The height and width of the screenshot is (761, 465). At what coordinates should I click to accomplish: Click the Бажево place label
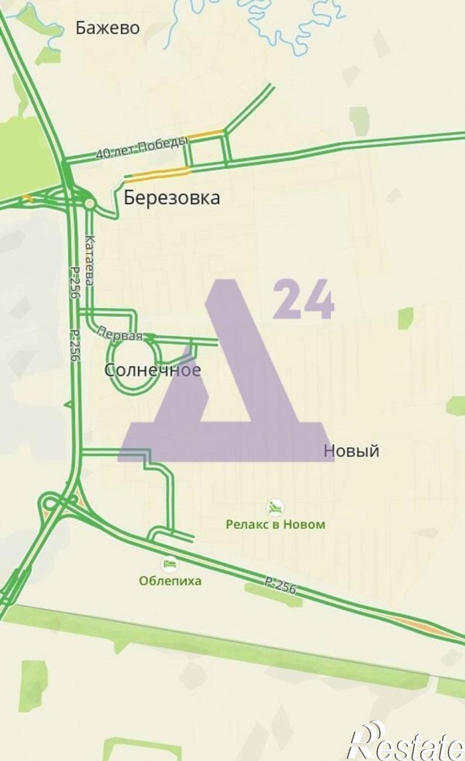(x=107, y=28)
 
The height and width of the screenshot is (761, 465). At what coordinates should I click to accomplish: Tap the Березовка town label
(x=172, y=198)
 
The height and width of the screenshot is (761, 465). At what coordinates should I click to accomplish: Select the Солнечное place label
(x=152, y=370)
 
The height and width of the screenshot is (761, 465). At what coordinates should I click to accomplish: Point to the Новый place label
(x=351, y=451)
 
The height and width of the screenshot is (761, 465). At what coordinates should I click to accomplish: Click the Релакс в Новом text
(x=275, y=525)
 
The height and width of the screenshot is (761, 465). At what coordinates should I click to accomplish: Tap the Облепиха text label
(x=170, y=581)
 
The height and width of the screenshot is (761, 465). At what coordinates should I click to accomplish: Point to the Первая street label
(x=119, y=333)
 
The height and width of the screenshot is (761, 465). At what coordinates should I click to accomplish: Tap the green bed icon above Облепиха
(x=169, y=564)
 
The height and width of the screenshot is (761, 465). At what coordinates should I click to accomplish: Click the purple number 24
(x=303, y=300)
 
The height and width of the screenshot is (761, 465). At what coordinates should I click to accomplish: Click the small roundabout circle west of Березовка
(x=89, y=204)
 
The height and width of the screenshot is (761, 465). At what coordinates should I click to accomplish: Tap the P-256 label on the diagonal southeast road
(x=280, y=585)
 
